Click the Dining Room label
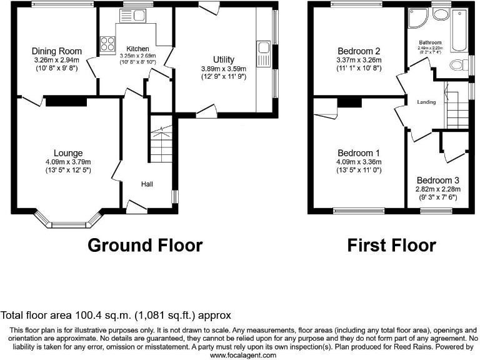(57, 51)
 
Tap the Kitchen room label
(137, 48)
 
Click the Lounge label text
(68, 152)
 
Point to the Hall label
(147, 184)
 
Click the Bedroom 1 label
(359, 152)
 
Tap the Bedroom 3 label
(438, 179)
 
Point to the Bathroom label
(431, 43)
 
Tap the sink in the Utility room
(263, 49)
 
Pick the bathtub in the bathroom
(457, 29)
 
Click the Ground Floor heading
(145, 245)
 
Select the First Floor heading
(392, 245)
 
